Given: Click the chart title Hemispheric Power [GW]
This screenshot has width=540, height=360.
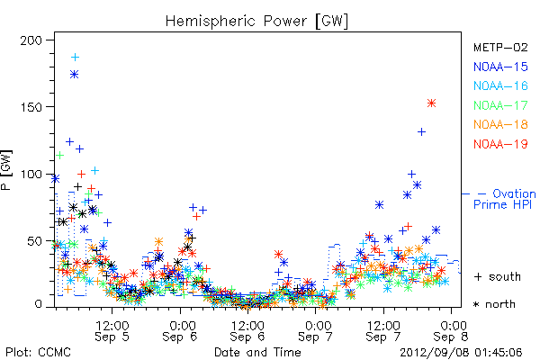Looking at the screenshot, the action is (256, 22).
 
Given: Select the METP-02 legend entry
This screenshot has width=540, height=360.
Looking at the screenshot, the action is (500, 47).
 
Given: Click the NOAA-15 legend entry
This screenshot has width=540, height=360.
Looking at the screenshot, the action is (500, 67).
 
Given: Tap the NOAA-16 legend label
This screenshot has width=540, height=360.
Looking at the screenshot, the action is (500, 85).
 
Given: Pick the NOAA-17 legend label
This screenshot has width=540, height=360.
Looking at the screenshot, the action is (500, 105).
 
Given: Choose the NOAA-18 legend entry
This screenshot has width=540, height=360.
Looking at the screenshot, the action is (500, 124).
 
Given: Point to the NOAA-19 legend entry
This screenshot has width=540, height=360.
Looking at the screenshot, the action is (500, 144).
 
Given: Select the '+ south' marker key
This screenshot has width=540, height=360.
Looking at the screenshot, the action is (498, 276).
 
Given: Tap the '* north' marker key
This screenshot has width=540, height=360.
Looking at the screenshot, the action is (494, 304).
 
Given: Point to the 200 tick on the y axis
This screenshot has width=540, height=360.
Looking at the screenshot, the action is (31, 40).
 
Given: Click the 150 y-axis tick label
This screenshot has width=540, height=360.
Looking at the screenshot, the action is (31, 107).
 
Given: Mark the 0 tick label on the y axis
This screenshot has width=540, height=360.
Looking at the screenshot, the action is (38, 304).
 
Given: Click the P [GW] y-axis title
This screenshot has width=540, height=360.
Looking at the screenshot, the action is (6, 170).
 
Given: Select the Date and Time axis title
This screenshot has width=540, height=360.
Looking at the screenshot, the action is (257, 353).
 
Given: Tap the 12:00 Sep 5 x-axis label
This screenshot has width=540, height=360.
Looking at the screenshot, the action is (112, 331).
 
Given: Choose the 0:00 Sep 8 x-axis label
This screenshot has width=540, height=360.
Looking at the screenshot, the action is (451, 331).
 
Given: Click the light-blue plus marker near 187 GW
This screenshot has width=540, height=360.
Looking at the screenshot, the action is (75, 58).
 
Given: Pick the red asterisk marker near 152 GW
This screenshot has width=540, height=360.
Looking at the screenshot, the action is (431, 103).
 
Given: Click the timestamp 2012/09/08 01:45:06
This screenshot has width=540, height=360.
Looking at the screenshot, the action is (461, 353).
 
